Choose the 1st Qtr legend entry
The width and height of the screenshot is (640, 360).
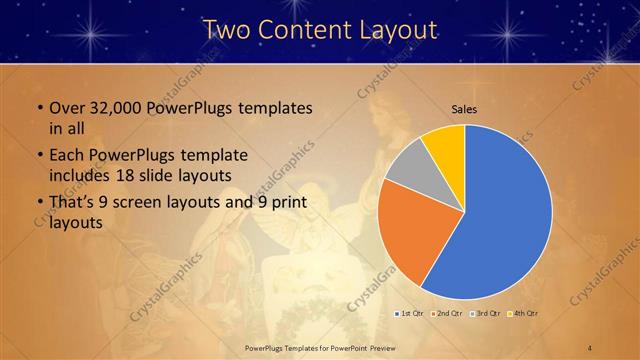(409, 314)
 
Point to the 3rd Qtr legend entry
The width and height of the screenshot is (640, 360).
(484, 314)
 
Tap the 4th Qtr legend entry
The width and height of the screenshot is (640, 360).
(522, 314)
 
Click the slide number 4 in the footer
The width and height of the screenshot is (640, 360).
(589, 347)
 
